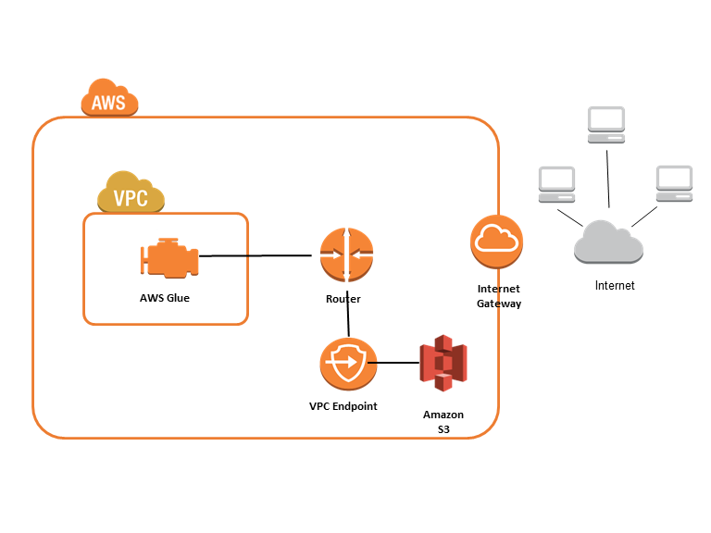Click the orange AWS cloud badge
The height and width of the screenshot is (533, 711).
pos(109,98)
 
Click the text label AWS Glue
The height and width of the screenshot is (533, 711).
pos(165,298)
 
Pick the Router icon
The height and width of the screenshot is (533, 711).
pos(346,255)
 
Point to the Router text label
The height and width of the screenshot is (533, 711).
pos(343,299)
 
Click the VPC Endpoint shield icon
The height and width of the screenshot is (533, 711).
pos(348,365)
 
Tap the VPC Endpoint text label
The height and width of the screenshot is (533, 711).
pos(343,406)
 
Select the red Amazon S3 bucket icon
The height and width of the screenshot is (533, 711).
pos(443,364)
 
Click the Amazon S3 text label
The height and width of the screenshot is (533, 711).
pos(443,422)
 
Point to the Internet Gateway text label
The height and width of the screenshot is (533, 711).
pos(499,296)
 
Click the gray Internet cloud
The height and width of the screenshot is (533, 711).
pos(608,243)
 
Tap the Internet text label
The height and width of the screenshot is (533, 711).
pos(615,286)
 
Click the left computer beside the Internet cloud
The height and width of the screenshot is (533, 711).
pos(557,184)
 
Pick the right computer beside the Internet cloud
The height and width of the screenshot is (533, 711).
pos(673,183)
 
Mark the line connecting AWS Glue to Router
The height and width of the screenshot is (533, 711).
pos(259,255)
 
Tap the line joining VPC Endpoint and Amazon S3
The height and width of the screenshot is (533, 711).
pos(397,363)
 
